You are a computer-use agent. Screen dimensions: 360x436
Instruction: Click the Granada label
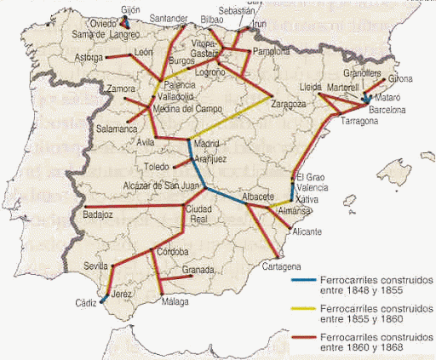pos(198,270)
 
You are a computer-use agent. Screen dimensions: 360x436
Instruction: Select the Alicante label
pos(306,231)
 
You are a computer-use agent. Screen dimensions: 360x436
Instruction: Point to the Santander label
pos(168,18)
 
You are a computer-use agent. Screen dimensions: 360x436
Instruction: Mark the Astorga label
pos(90,57)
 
